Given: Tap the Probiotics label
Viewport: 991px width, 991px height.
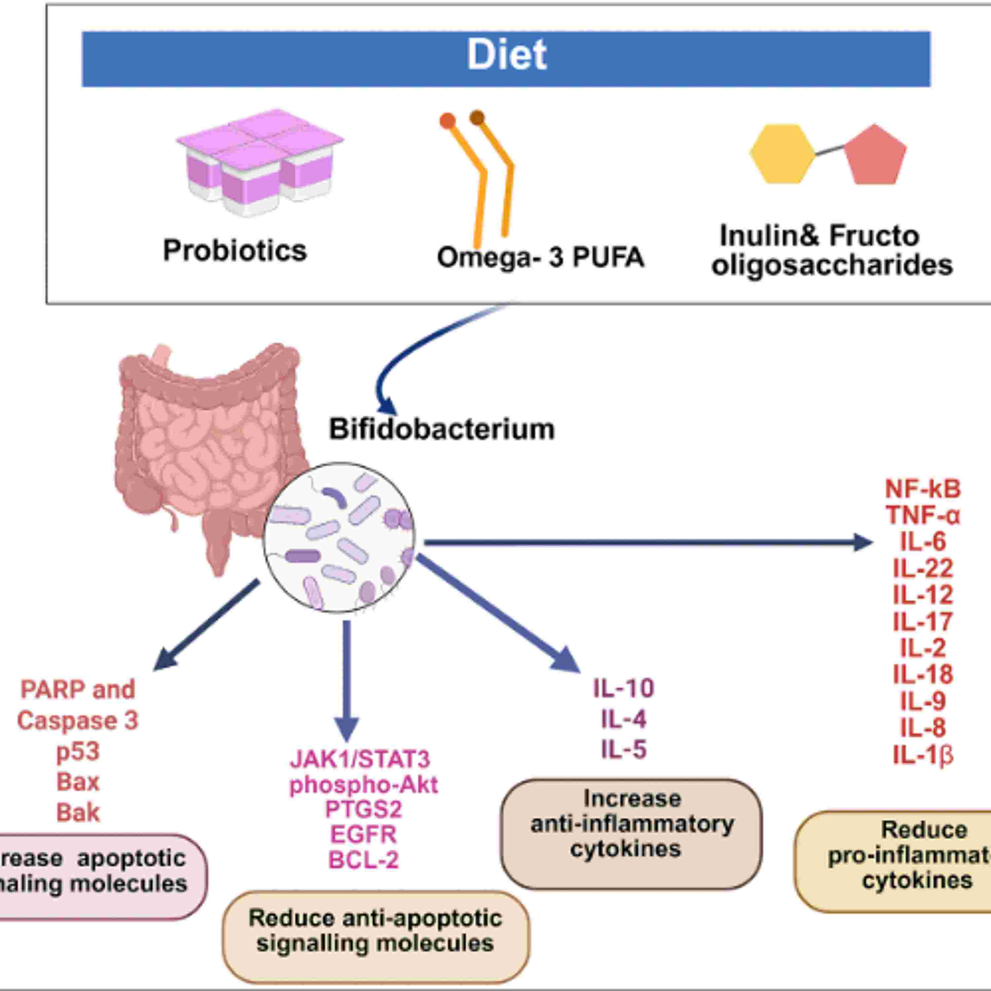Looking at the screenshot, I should click(x=235, y=251).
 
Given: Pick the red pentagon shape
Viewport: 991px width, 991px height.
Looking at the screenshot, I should click(x=875, y=155).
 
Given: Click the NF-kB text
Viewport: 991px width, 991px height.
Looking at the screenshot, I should click(x=922, y=489).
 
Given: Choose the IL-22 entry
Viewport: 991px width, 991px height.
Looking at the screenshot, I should click(x=922, y=568).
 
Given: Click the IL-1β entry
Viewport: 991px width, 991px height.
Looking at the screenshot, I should click(x=922, y=755).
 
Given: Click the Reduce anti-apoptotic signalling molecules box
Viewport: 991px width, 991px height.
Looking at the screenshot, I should click(x=376, y=930).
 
